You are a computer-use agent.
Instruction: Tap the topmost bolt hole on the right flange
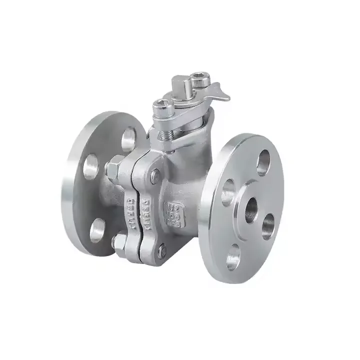(x=263, y=163)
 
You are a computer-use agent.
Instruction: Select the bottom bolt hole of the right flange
(x=233, y=259)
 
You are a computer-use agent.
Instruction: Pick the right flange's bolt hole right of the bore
(x=268, y=225)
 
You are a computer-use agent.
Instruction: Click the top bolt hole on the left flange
(x=128, y=138)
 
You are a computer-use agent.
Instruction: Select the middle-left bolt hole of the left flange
(x=90, y=167)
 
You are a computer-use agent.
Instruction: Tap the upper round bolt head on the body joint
(x=156, y=174)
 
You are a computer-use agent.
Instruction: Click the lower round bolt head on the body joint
(x=161, y=250)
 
